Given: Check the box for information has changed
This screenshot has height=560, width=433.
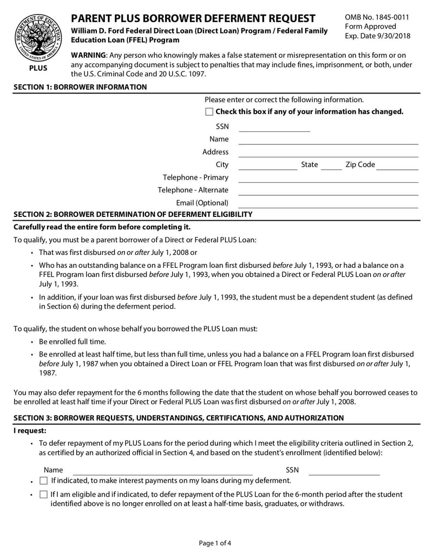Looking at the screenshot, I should coord(209,112).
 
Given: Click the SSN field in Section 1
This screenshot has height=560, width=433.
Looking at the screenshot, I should coord(274,127).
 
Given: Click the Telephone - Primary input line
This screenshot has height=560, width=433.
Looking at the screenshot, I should coord(329,178).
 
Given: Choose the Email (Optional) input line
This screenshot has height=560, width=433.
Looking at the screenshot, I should coord(329,203).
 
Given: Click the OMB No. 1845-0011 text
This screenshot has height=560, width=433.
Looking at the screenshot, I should coord(377,17).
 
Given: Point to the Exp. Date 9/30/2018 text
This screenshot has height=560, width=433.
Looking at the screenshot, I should coord(378,36).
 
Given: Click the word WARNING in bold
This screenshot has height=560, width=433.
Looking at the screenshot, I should coord(89,56).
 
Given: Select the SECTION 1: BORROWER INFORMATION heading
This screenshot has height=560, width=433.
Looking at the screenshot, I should coord(80,87).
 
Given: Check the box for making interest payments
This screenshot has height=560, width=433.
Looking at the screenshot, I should coord(44,480).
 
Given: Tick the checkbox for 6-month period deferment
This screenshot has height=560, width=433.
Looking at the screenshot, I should coord(44,495).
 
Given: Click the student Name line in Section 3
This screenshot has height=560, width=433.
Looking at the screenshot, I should coord(162,470).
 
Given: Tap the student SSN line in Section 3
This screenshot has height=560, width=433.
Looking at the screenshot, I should coord(344,470).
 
